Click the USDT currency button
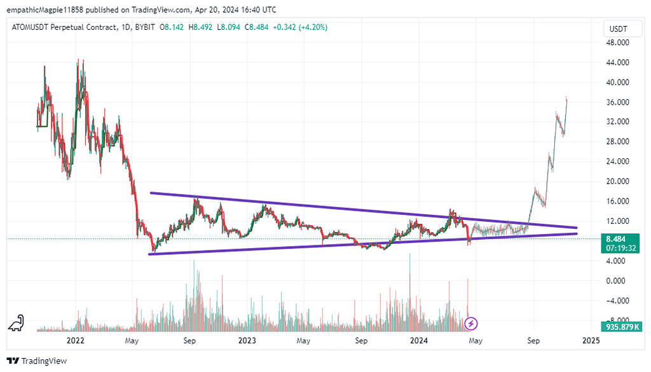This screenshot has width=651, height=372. (x=618, y=29)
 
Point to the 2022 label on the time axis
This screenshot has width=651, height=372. (x=76, y=340)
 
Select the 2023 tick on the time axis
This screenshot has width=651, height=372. (x=247, y=340)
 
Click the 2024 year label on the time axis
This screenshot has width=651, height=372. (x=418, y=340)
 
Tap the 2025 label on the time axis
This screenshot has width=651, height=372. (x=590, y=340)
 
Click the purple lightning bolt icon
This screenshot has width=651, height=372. (x=472, y=324)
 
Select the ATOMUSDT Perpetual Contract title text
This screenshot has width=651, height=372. (x=64, y=27)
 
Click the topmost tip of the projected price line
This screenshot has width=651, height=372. (x=566, y=97)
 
